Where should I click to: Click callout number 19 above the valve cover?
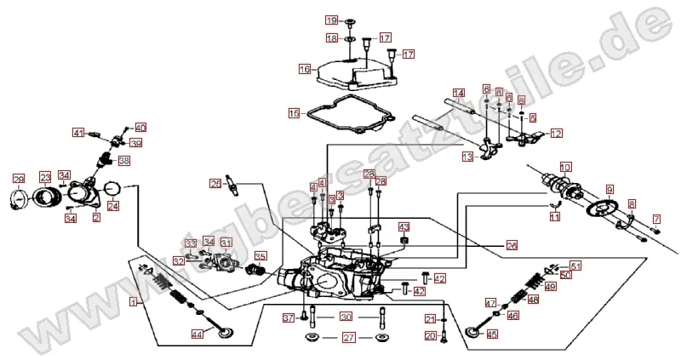coord(331,20)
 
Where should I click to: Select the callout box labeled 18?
coord(331,38)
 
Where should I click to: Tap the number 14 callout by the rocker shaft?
coord(458,93)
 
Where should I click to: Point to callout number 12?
coord(556,133)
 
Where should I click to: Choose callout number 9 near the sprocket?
coord(610,188)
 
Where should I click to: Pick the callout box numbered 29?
coord(19,179)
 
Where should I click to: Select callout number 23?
coord(45,179)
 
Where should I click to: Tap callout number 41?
coord(78,133)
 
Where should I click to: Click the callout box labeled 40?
coord(140,127)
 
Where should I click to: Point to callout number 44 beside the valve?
coord(197,335)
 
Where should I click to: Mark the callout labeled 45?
coord(491,334)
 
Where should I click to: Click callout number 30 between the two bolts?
coord(346,317)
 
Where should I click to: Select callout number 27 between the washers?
coord(348,338)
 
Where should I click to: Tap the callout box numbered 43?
coord(404,226)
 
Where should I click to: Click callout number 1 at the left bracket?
coord(133,301)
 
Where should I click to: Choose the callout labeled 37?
coord(288,318)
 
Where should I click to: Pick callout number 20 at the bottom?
coord(431,336)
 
